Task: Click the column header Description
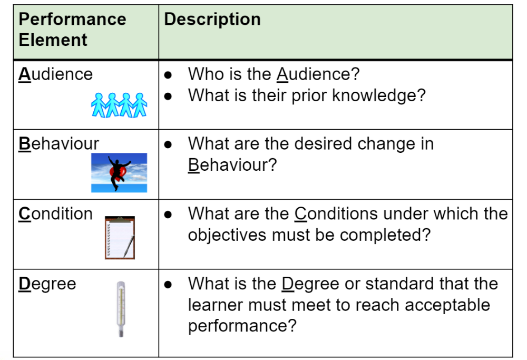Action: click(x=212, y=19)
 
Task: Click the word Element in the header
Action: click(x=53, y=40)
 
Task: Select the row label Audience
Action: click(x=55, y=74)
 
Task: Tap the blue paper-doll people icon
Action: click(x=119, y=105)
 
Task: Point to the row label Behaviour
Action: click(x=58, y=143)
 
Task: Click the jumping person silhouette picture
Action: click(x=119, y=173)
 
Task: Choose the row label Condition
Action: click(x=55, y=213)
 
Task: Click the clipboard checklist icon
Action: click(x=120, y=238)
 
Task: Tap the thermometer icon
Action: click(x=121, y=309)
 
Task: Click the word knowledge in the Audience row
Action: click(x=379, y=96)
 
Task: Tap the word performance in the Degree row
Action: click(x=242, y=326)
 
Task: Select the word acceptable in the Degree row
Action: click(x=447, y=305)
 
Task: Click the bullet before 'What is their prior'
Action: click(x=168, y=96)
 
